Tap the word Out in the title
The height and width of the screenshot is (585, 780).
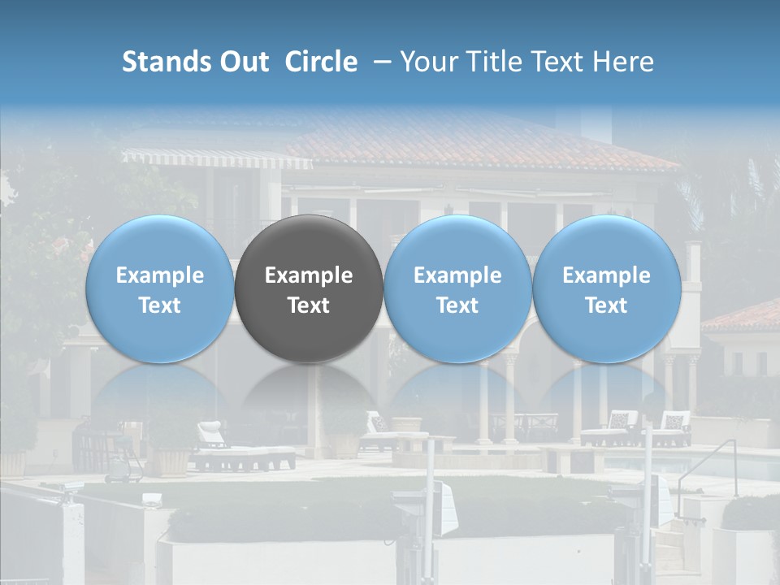pos(244,62)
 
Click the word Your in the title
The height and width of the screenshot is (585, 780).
pos(425,62)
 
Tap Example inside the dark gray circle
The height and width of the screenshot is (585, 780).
pos(309,275)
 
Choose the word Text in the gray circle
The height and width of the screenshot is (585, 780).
pos(309,305)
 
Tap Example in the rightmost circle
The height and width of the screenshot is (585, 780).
pos(607,275)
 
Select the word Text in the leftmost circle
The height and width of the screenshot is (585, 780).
pos(159,305)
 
